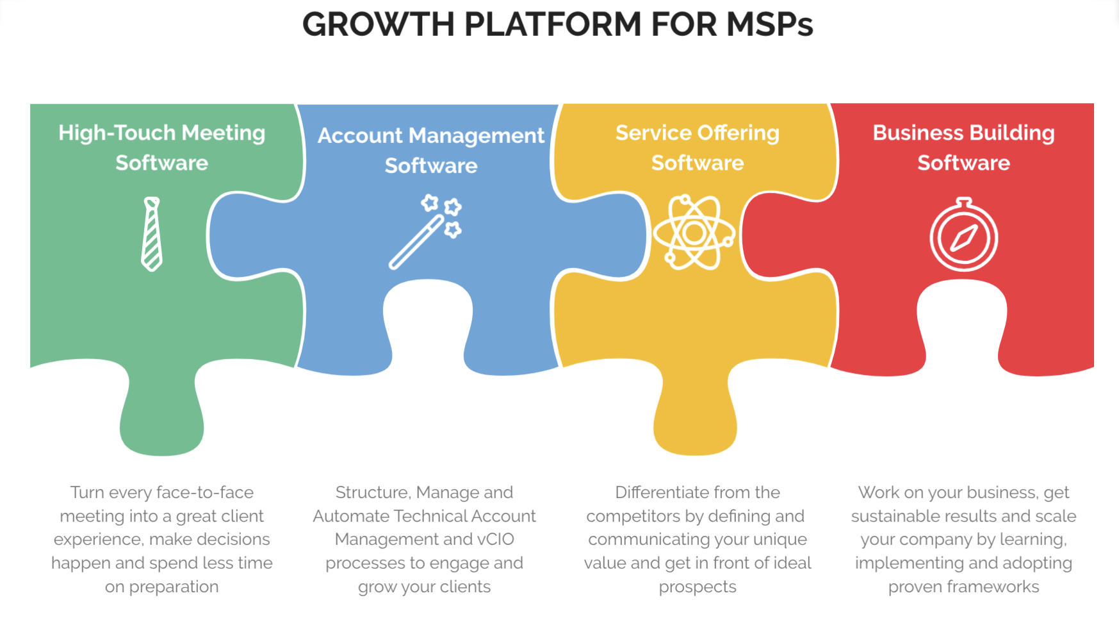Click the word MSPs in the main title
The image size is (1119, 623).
click(769, 25)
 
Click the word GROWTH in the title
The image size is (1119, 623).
click(378, 25)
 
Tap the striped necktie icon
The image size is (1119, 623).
click(152, 234)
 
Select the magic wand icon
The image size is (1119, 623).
click(425, 232)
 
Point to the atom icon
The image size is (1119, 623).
click(694, 233)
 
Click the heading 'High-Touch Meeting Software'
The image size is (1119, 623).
click(162, 147)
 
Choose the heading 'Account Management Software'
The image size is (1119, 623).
click(431, 150)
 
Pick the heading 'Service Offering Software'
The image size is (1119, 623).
click(698, 147)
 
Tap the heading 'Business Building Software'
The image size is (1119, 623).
click(963, 147)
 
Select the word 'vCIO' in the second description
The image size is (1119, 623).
click(496, 539)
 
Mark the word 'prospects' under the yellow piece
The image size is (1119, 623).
click(698, 587)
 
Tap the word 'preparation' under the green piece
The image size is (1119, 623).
click(174, 587)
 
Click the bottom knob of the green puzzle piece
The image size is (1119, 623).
click(162, 423)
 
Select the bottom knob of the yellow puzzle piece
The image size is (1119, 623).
click(696, 423)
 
